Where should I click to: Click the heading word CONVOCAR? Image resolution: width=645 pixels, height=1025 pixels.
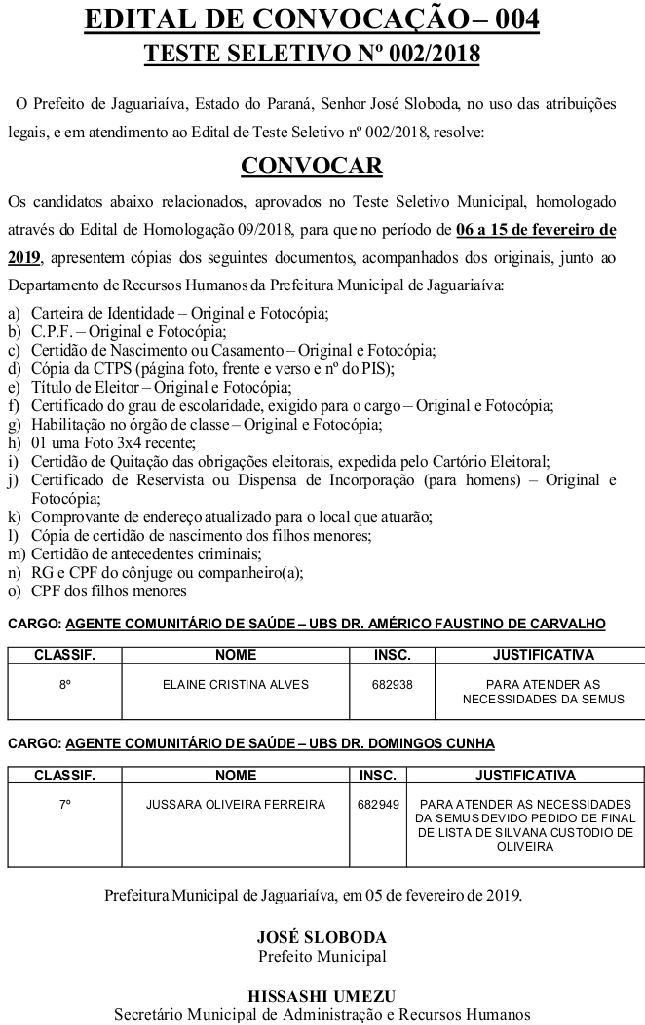pyautogui.click(x=312, y=166)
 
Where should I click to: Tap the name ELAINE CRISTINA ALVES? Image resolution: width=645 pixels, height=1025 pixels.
pyautogui.click(x=236, y=685)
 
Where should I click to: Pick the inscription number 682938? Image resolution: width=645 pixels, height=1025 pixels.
pyautogui.click(x=392, y=685)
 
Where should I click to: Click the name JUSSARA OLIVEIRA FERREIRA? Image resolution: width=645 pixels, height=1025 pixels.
pyautogui.click(x=236, y=805)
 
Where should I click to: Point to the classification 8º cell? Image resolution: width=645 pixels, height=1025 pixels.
pyautogui.click(x=65, y=685)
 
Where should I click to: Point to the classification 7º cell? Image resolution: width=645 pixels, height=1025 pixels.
pyautogui.click(x=65, y=805)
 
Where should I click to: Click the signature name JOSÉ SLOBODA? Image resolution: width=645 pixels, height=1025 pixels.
pyautogui.click(x=322, y=937)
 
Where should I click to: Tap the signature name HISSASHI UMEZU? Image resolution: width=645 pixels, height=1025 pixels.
pyautogui.click(x=322, y=996)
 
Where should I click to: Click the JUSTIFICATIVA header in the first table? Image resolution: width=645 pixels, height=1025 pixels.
pyautogui.click(x=543, y=655)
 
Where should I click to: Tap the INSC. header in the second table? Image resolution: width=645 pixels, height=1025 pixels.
pyautogui.click(x=378, y=776)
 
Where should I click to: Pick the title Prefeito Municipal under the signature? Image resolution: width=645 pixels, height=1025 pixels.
pyautogui.click(x=322, y=956)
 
